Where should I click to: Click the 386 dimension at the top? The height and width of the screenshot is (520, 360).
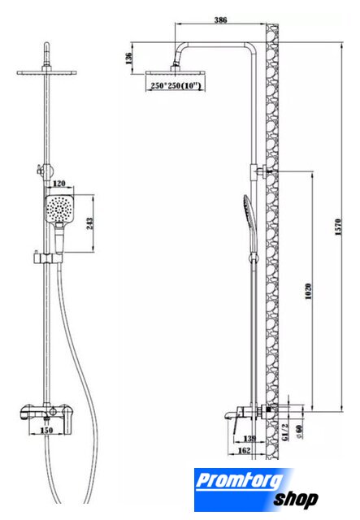pos(221,19)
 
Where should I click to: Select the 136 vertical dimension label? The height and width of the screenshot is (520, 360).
pos(128,58)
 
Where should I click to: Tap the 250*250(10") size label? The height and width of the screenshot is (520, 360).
pos(176,85)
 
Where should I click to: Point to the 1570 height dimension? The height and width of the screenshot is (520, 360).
pos(338,227)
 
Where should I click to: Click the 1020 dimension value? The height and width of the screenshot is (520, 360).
pos(308,291)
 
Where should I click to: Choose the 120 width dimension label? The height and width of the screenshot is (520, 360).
pos(59,184)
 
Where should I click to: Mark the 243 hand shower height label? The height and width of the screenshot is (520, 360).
pos(89,224)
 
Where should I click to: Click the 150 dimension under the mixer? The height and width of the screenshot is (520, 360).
pos(46,430)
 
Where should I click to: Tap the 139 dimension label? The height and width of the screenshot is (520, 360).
pos(249,439)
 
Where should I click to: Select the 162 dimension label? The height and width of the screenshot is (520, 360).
pos(245,450)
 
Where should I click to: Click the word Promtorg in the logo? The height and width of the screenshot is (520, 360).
pos(240,481)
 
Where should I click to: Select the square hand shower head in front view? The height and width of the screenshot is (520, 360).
pos(59,210)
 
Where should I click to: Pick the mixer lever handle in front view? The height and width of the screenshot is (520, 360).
pos(69,421)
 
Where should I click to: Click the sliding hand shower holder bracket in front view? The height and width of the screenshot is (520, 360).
pos(48,258)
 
